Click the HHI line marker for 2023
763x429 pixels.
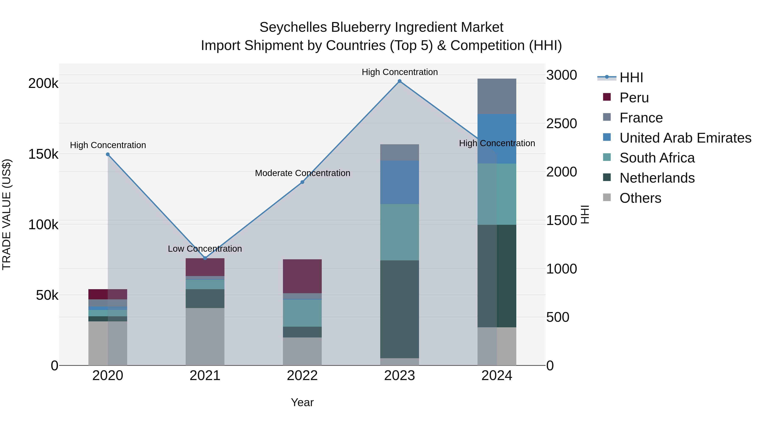coord(399,81)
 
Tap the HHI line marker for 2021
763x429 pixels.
coord(205,258)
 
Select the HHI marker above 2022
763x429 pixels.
coord(302,182)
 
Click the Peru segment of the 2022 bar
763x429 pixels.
coord(302,276)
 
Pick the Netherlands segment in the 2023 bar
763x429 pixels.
coord(399,309)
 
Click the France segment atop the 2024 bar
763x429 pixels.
coord(497,96)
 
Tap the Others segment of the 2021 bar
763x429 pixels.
coord(205,337)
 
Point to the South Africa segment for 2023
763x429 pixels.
coord(399,232)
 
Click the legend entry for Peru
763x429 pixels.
coord(634,98)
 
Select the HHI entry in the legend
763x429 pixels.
coord(631,78)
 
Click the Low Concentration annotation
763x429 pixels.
coord(205,249)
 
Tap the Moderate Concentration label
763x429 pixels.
coord(302,173)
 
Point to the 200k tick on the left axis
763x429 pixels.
coord(43,83)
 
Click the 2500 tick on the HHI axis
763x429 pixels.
coord(561,124)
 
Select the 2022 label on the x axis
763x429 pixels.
coord(302,376)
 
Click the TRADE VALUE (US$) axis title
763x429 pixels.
coord(7,214)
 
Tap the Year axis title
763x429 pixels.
coord(302,402)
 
